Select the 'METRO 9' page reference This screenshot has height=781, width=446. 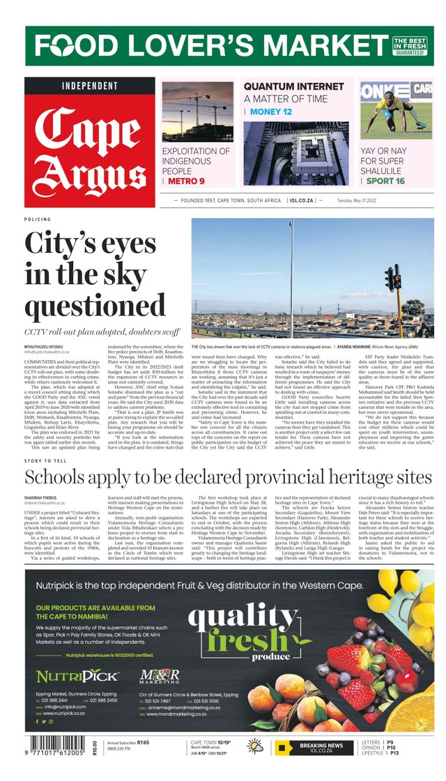[186, 181]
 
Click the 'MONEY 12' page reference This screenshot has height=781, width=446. [270, 111]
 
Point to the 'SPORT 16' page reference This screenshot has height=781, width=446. [385, 181]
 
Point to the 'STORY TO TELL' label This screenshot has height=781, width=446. [47, 461]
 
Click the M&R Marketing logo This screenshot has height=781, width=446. [160, 676]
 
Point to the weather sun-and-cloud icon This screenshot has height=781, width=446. [256, 747]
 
